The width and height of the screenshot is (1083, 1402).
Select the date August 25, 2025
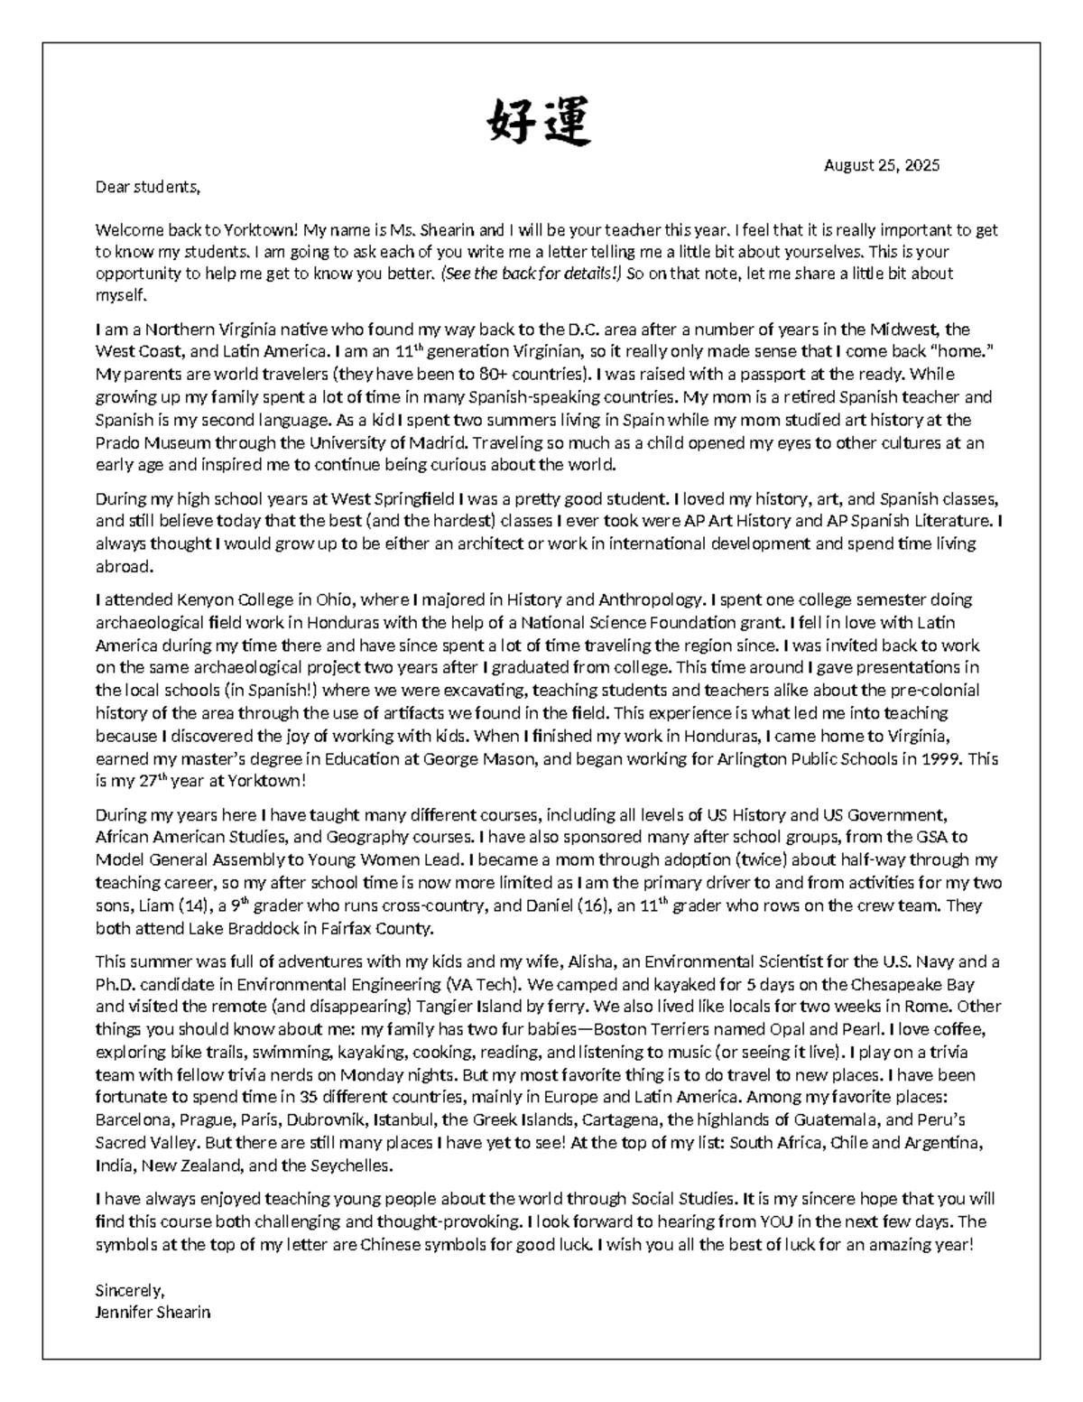[881, 165]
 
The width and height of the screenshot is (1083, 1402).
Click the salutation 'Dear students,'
[147, 188]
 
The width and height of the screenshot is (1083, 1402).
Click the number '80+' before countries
[493, 375]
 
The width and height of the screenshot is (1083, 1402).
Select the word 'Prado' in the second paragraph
[117, 443]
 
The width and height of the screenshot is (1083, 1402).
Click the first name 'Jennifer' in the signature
[124, 1313]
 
